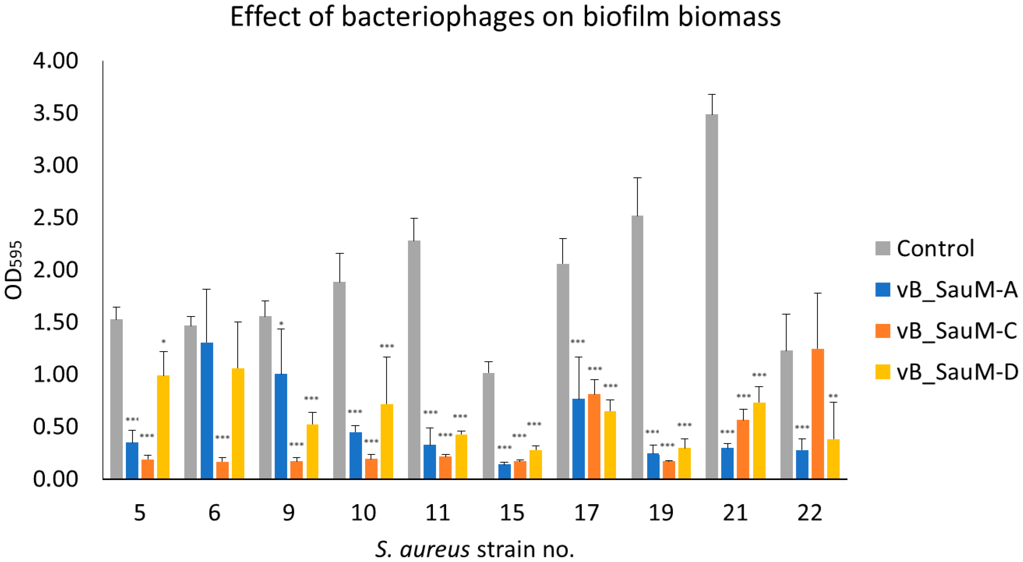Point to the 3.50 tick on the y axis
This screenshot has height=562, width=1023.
click(56, 113)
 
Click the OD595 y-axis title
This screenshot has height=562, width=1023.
click(14, 270)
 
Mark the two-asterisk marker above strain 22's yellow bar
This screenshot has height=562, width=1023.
click(833, 396)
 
